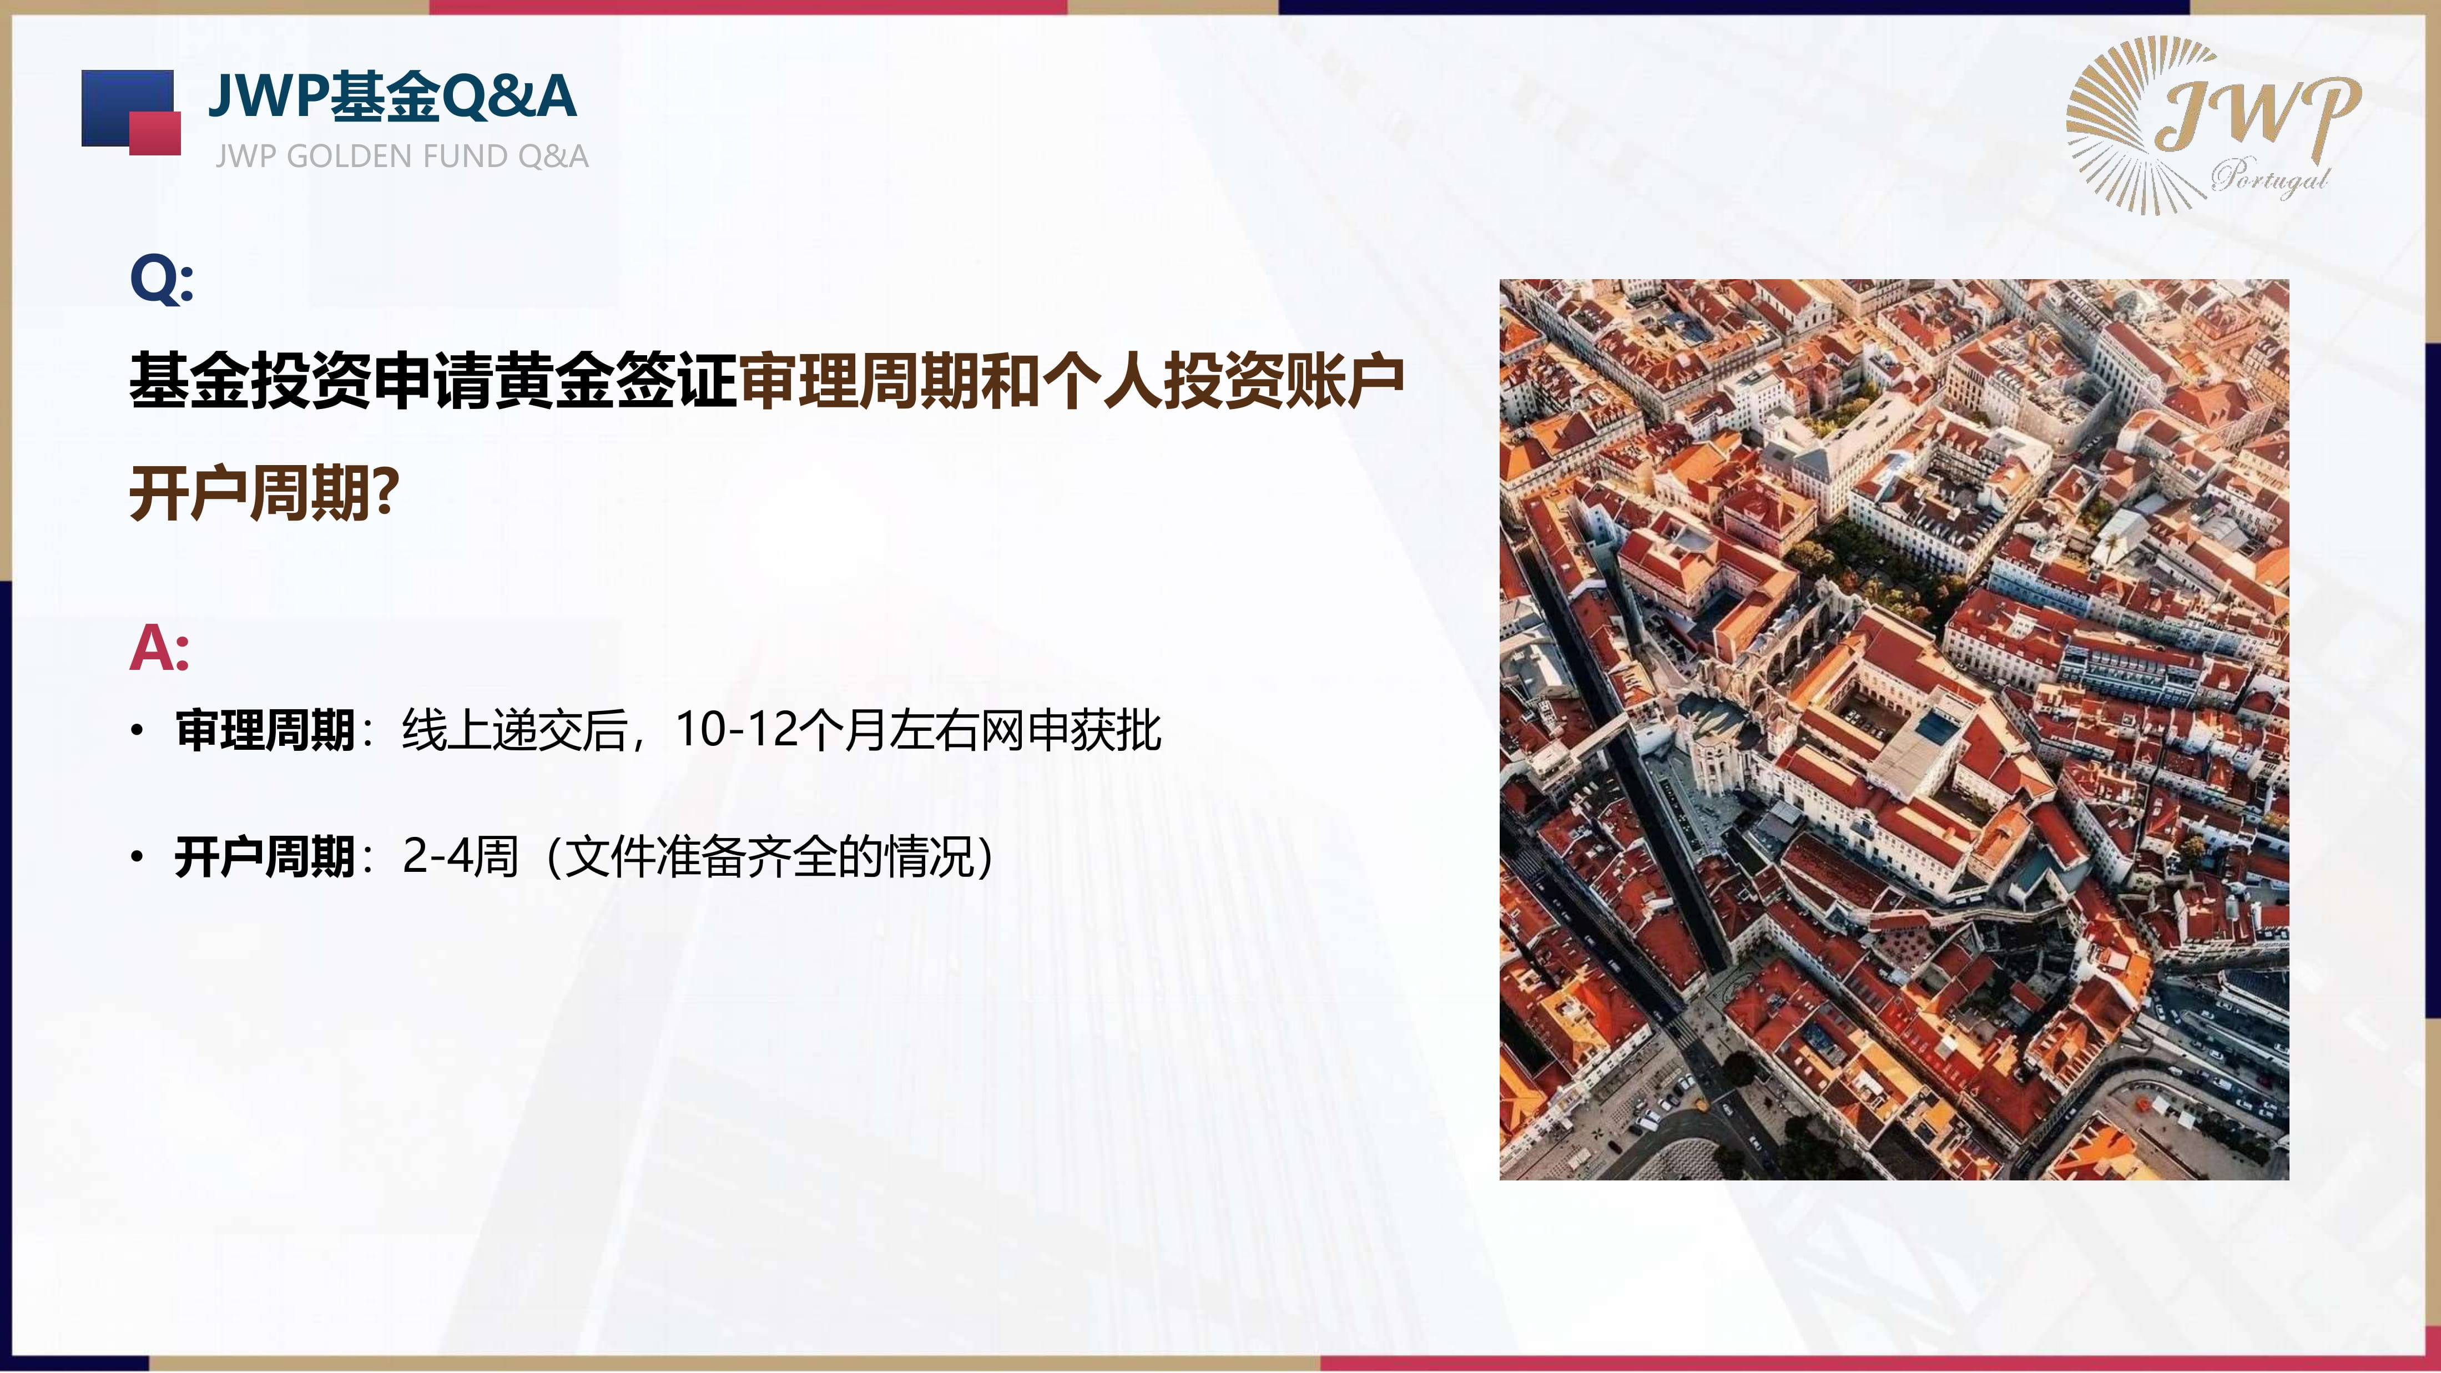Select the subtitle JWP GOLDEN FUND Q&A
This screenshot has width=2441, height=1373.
point(402,157)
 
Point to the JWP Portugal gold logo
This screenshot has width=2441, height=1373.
point(2213,125)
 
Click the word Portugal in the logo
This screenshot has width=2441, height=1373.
point(2271,176)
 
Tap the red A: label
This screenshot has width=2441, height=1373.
point(159,649)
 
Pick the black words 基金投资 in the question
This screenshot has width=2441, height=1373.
point(250,381)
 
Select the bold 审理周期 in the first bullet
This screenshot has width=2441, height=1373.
point(265,730)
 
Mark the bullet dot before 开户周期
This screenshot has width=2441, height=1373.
point(138,857)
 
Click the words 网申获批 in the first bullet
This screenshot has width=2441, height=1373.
point(1071,730)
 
